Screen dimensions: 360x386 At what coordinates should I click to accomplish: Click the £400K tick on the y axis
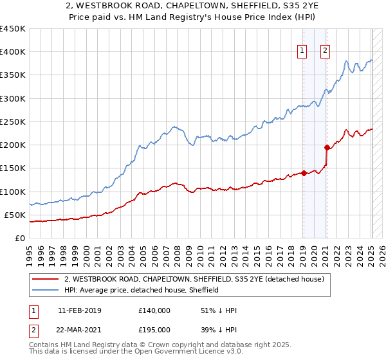pyautogui.click(x=13, y=52)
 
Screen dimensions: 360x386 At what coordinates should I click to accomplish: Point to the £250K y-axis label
pyautogui.click(x=13, y=122)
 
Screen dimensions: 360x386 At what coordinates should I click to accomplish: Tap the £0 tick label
pyautogui.click(x=19, y=239)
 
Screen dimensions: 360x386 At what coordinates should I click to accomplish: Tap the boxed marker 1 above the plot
pyautogui.click(x=302, y=51)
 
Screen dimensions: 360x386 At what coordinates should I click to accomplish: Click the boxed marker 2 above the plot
pyautogui.click(x=325, y=51)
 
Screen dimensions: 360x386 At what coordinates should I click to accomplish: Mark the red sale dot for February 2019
pyautogui.click(x=303, y=173)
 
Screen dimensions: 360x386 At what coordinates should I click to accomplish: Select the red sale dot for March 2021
pyautogui.click(x=327, y=147)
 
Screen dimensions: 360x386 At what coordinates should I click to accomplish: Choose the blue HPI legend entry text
pyautogui.click(x=142, y=290)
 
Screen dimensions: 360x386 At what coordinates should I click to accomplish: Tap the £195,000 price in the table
pyautogui.click(x=154, y=330)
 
